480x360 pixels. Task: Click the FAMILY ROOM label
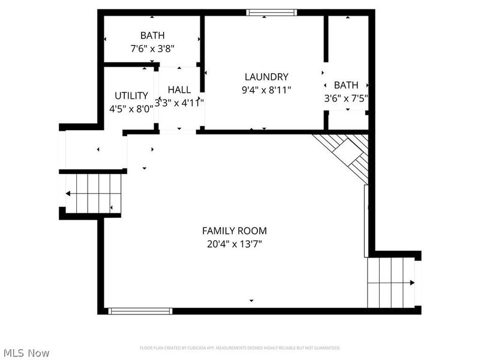(x=234, y=230)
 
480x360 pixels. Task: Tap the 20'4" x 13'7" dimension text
(x=234, y=244)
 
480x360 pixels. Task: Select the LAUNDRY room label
(x=266, y=77)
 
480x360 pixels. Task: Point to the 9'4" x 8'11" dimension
(x=266, y=90)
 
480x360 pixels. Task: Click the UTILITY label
(x=131, y=95)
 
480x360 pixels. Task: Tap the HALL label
(x=179, y=89)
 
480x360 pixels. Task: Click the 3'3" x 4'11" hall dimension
(x=179, y=103)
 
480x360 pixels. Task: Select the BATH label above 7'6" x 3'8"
(x=152, y=35)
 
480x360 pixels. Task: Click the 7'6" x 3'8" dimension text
(x=152, y=49)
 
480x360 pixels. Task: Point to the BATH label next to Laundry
(x=346, y=85)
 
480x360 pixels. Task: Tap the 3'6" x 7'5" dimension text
(x=346, y=98)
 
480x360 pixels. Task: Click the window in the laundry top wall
(x=272, y=12)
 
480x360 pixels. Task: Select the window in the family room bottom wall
(x=140, y=311)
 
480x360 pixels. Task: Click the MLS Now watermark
(x=26, y=353)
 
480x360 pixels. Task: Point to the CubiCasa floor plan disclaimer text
(x=240, y=348)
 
